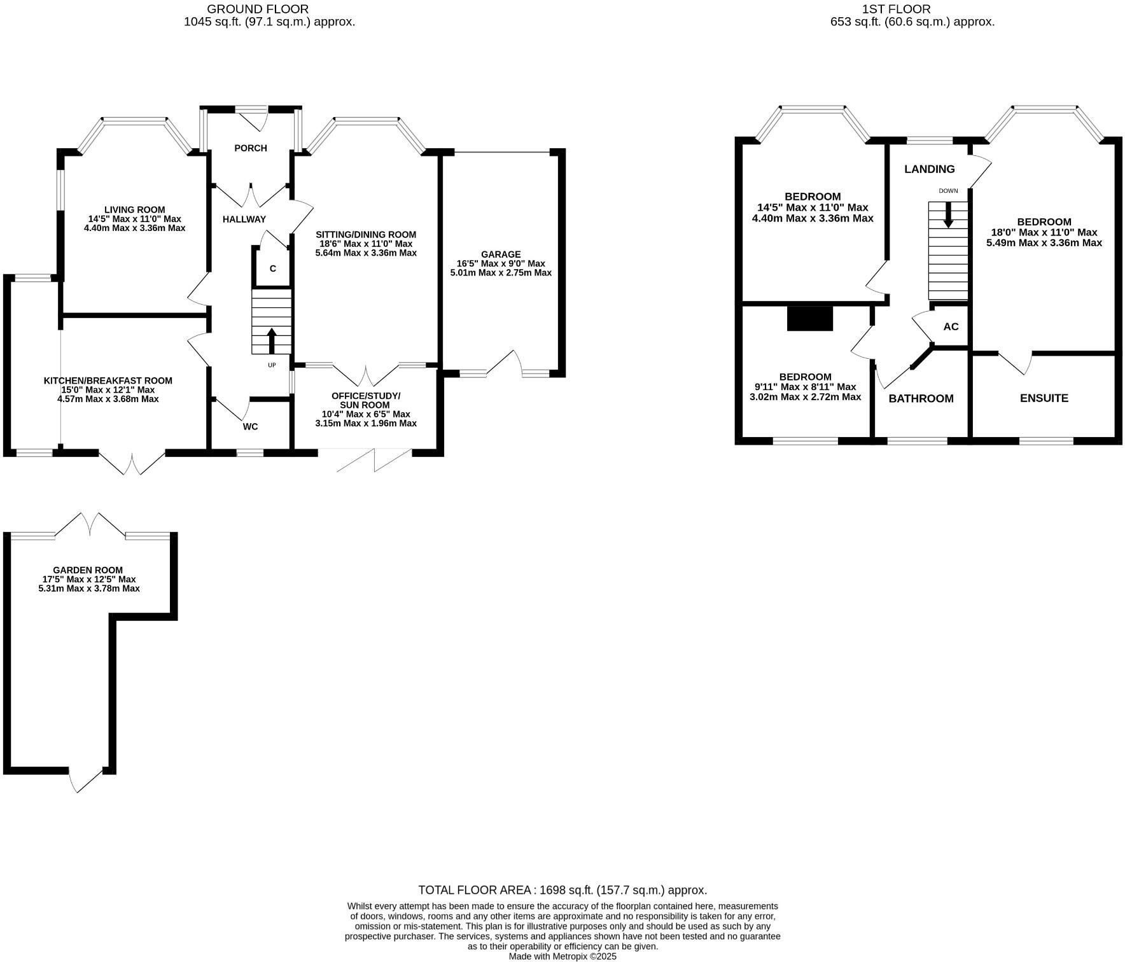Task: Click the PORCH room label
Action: tap(251, 148)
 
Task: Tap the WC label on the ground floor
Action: tap(250, 426)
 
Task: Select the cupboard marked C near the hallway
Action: tap(272, 268)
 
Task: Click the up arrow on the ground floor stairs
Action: tap(272, 340)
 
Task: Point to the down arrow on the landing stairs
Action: tap(948, 215)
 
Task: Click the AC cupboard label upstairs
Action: tap(951, 326)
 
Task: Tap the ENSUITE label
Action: tap(1044, 398)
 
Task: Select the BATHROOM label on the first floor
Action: tap(921, 398)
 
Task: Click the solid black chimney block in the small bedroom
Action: tap(809, 318)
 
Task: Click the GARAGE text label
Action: tap(501, 254)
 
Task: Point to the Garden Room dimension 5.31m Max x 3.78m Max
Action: tap(89, 589)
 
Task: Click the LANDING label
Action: tap(930, 169)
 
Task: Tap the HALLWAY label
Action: tap(244, 219)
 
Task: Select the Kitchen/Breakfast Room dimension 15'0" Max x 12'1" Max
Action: tap(108, 390)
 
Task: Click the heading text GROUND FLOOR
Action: tap(258, 9)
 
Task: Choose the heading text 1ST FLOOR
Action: tap(896, 9)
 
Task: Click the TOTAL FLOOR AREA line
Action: tap(562, 890)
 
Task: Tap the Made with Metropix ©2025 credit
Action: tap(562, 956)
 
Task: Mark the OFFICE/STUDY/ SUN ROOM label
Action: tap(366, 400)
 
